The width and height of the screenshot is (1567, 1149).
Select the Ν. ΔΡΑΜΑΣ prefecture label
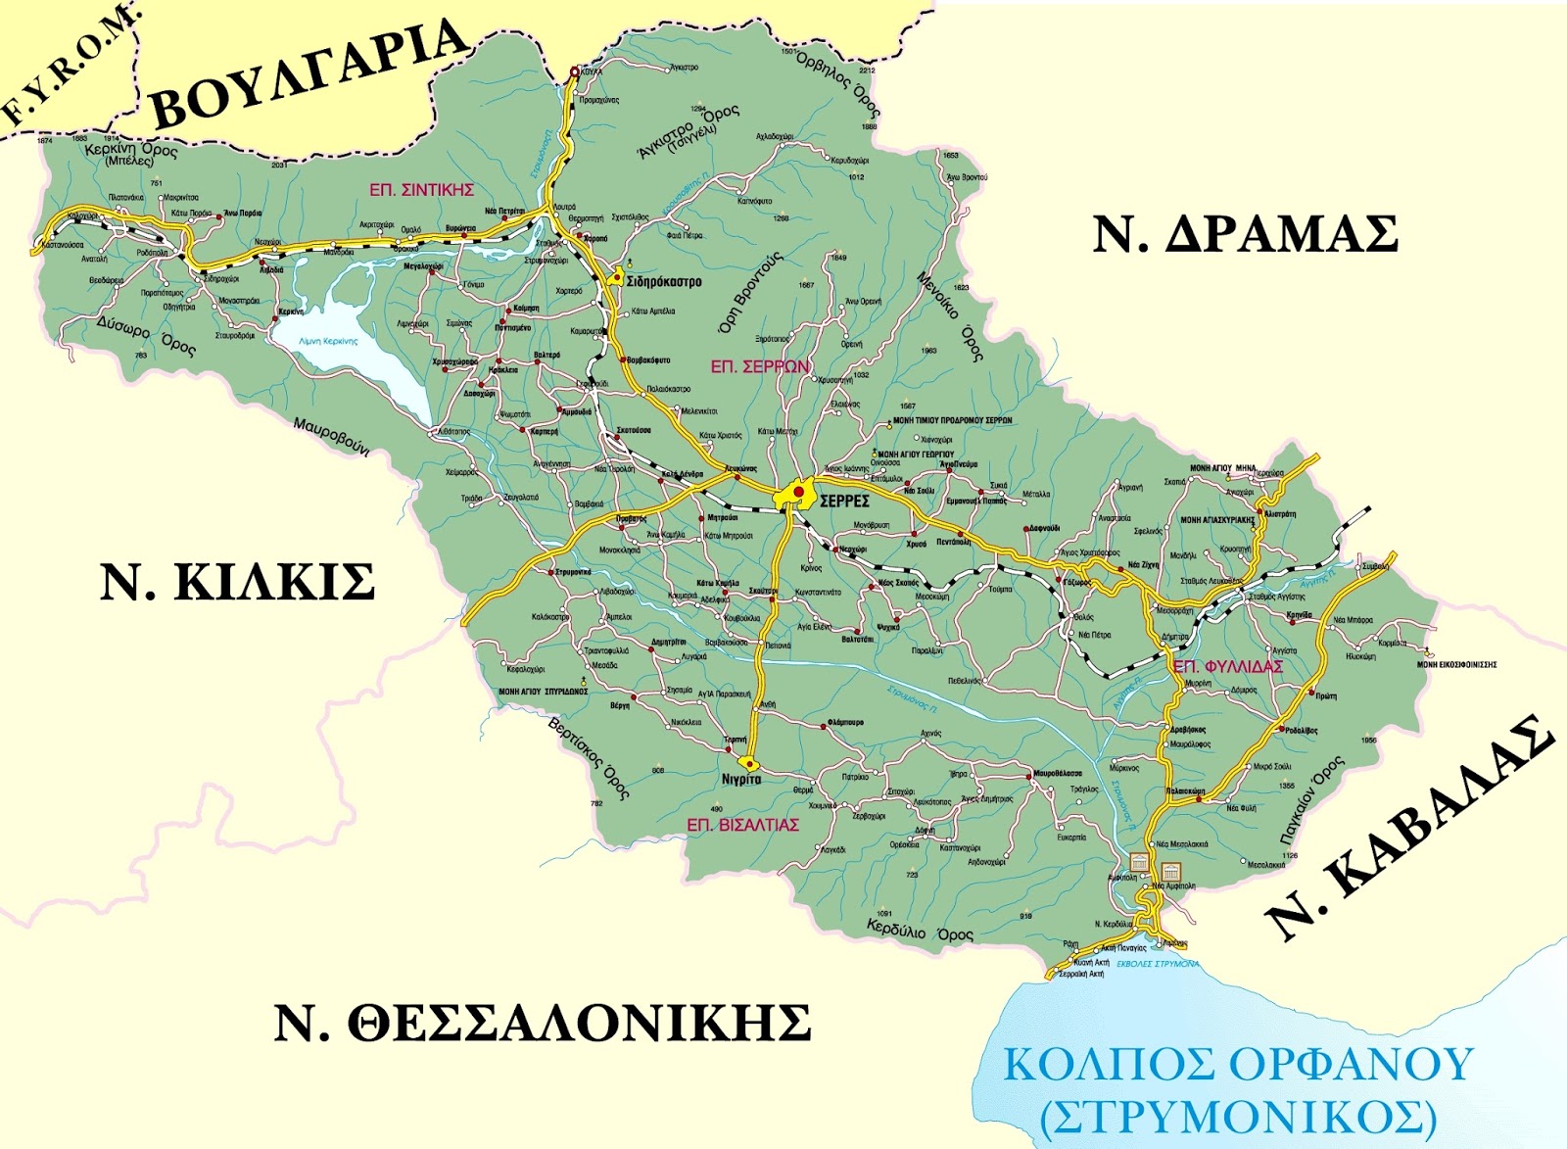1245,235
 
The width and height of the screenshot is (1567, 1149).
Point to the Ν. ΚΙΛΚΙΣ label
238,583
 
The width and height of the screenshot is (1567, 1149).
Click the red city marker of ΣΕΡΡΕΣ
798,491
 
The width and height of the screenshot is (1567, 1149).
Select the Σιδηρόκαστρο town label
665,282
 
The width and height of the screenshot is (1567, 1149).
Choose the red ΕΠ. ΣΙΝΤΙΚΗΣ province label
422,190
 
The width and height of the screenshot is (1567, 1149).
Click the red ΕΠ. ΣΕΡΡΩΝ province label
760,367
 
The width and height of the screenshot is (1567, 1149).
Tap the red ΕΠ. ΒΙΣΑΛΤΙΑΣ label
742,825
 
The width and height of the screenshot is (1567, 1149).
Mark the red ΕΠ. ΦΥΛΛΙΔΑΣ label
1228,666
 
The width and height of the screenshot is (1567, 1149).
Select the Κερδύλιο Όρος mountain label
920,930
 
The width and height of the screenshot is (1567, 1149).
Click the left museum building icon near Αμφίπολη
1139,862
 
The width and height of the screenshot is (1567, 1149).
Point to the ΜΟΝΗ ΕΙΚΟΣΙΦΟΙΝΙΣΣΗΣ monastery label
1457,665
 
